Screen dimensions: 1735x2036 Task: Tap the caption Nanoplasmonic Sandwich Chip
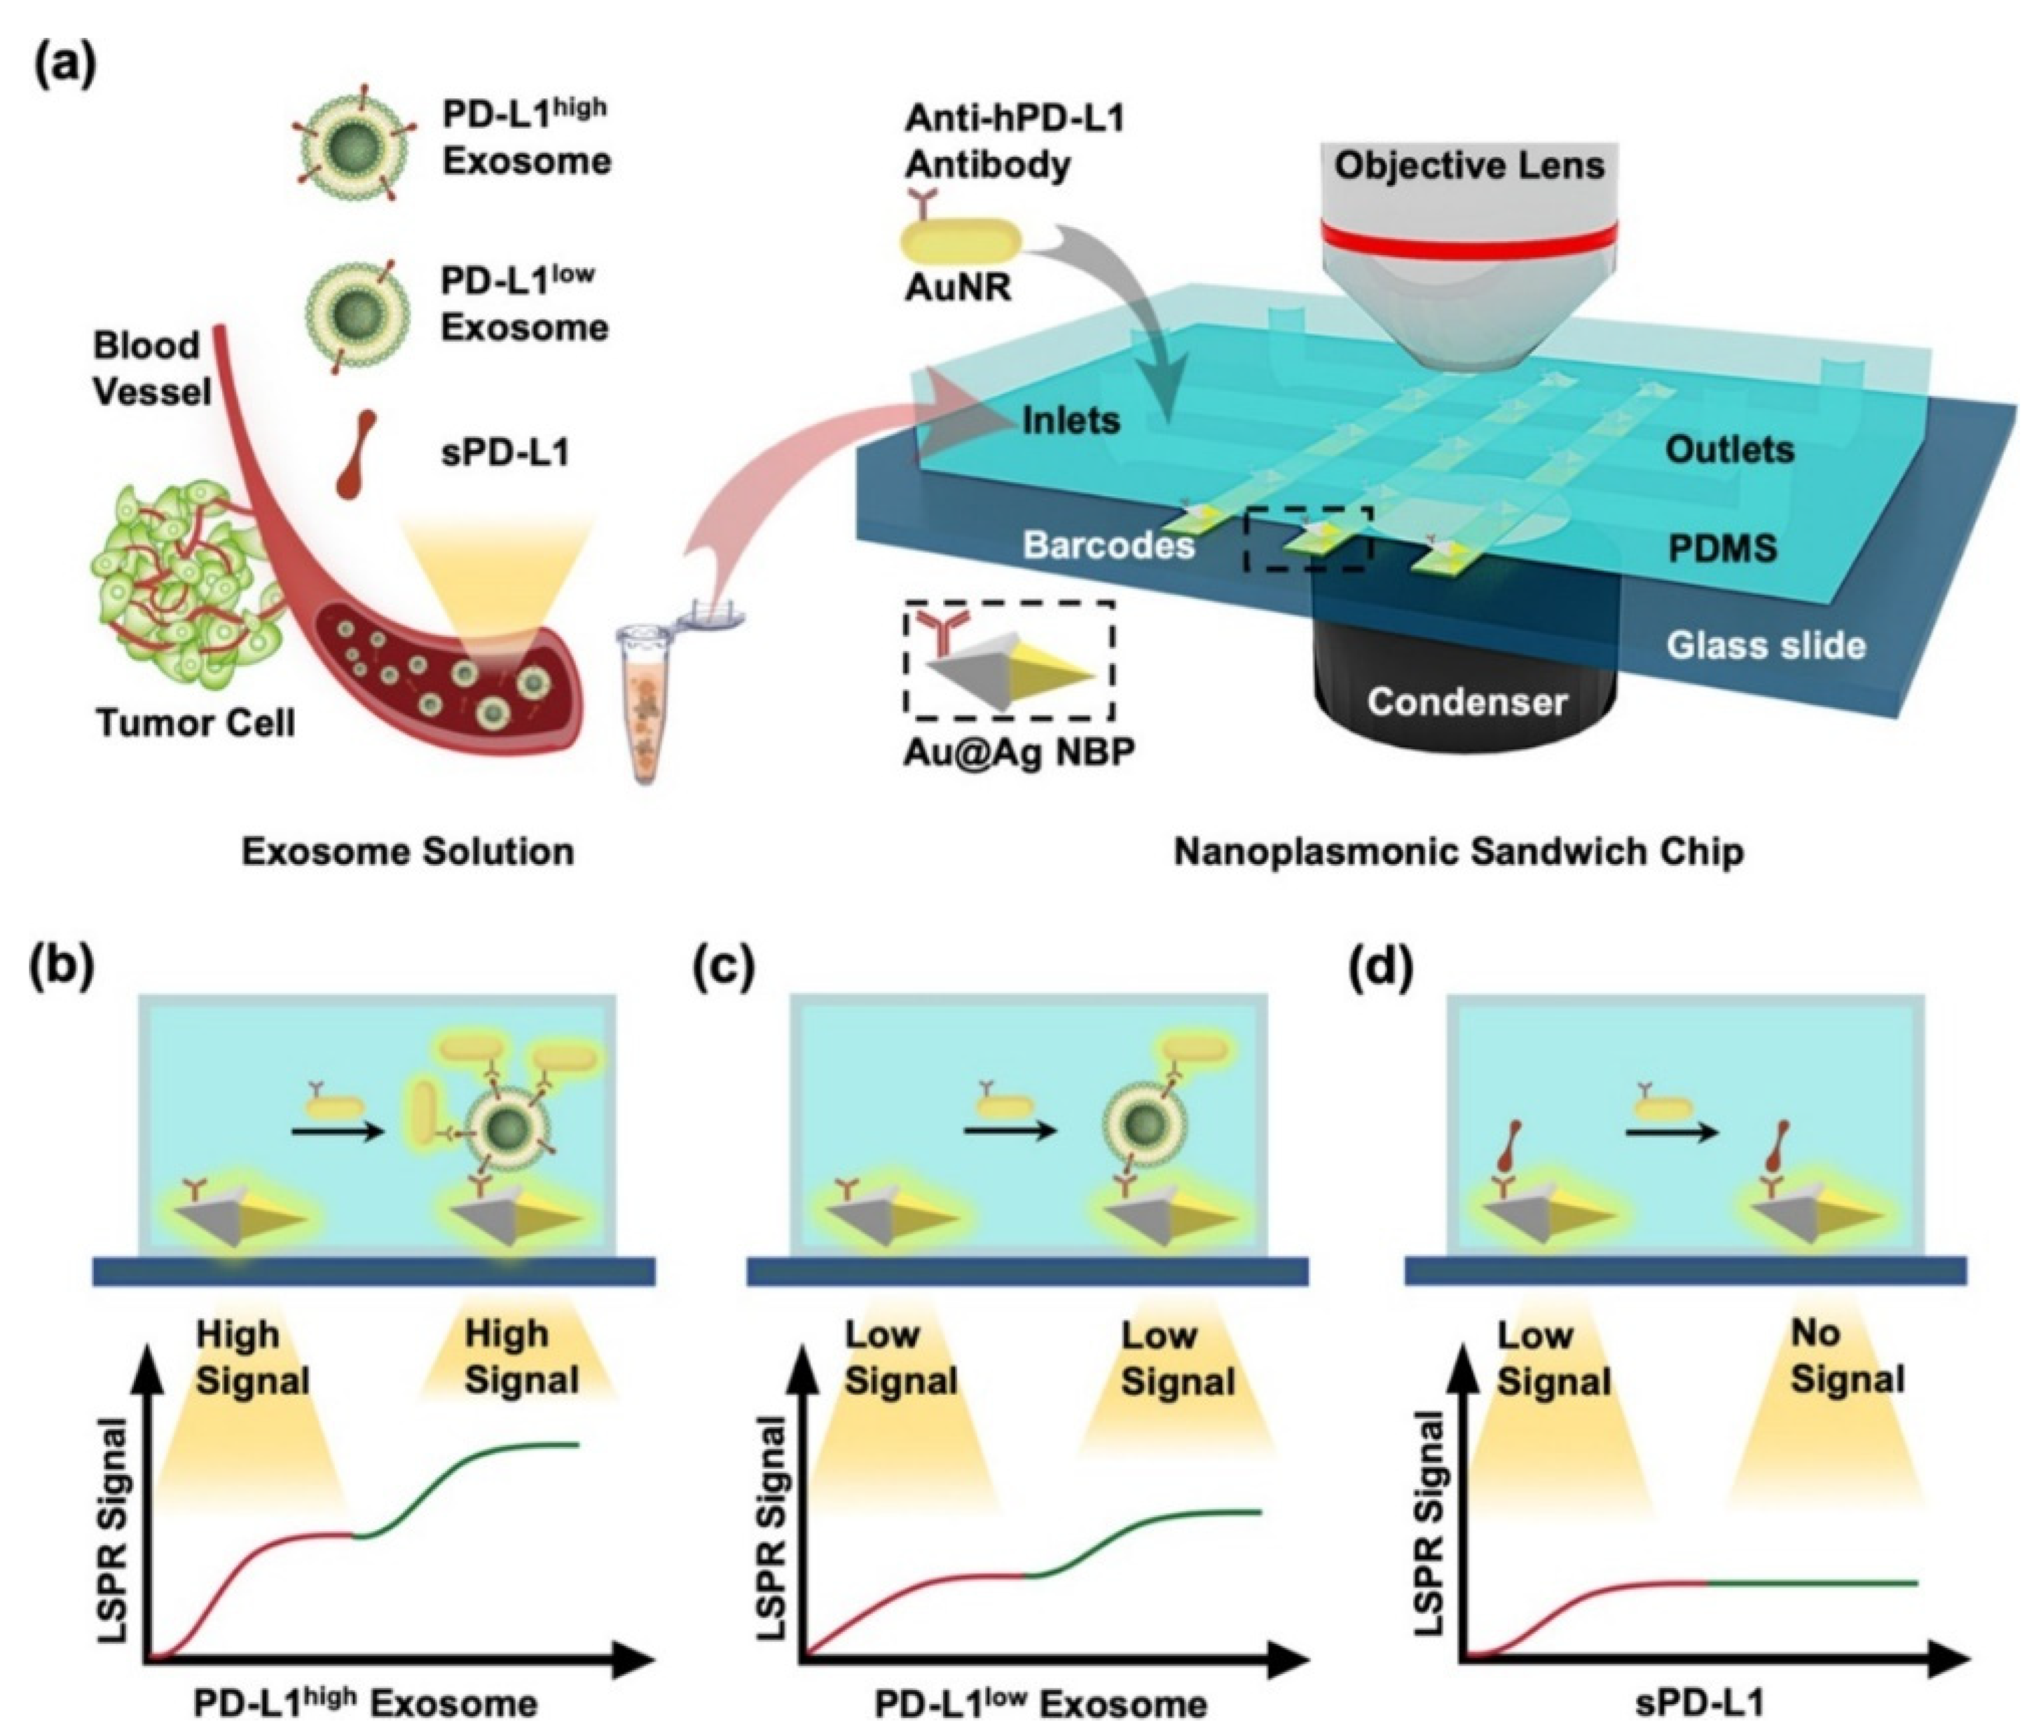(1458, 851)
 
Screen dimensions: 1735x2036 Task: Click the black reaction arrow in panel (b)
(337, 1133)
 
